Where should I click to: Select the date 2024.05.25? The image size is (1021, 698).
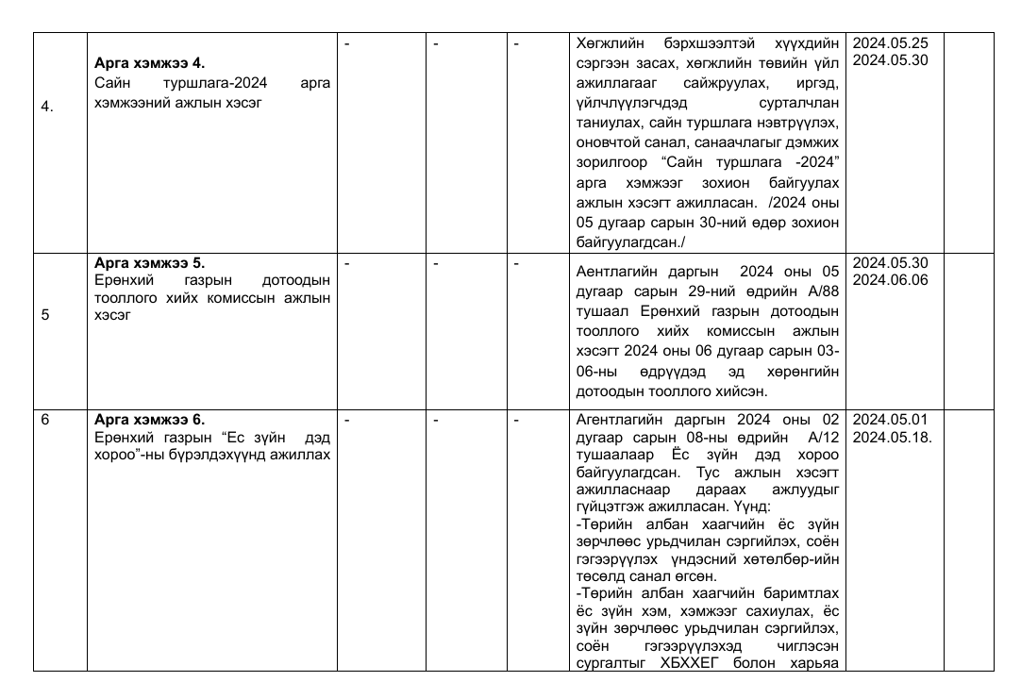(891, 43)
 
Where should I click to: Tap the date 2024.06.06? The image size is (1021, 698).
(891, 280)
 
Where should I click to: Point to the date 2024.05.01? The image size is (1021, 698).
(891, 420)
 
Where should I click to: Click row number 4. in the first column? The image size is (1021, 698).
(47, 107)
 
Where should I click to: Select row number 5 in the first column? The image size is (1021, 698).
(45, 315)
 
